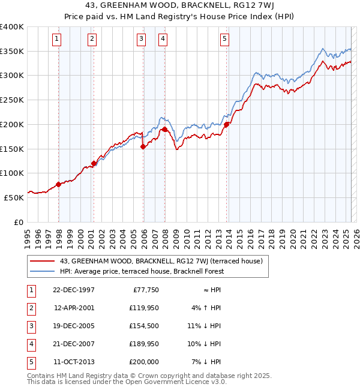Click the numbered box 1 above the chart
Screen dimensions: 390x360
pyautogui.click(x=56, y=40)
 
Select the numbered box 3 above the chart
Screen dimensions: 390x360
pyautogui.click(x=141, y=40)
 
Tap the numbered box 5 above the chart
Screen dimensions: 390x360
pyautogui.click(x=224, y=40)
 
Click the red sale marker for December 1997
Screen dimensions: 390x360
pyautogui.click(x=59, y=184)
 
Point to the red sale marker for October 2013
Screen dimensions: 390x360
pyautogui.click(x=227, y=125)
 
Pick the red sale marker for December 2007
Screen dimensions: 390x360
pyautogui.click(x=165, y=128)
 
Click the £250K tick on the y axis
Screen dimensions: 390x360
pyautogui.click(x=12, y=100)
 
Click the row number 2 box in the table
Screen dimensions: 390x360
pyautogui.click(x=30, y=308)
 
